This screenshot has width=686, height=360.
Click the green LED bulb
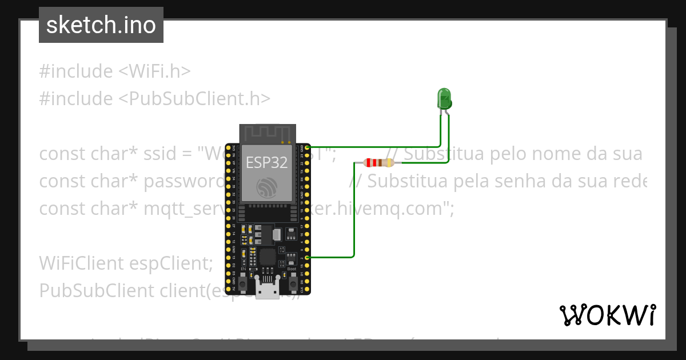click(444, 98)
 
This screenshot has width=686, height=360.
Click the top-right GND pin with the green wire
click(308, 147)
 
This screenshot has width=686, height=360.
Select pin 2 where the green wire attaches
click(308, 258)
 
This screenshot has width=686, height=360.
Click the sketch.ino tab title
click(101, 25)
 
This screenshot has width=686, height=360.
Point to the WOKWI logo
click(607, 315)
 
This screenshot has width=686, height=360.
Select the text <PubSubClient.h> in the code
click(194, 98)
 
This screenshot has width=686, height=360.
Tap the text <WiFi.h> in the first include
click(154, 71)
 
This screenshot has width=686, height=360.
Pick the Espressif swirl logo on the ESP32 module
click(267, 187)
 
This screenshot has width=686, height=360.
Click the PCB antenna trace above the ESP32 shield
click(267, 134)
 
